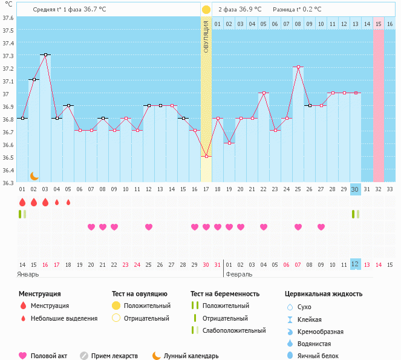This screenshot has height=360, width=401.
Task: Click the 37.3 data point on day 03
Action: tap(45, 54)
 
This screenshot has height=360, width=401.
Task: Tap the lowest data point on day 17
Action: tap(206, 156)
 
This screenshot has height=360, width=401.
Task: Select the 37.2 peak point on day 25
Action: tap(298, 67)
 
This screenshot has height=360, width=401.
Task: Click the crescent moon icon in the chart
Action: tap(34, 176)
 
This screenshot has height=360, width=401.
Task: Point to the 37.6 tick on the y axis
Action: tap(8, 18)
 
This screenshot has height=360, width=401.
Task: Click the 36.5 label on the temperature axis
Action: tap(8, 157)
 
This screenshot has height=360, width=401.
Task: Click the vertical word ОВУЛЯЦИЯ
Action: tap(206, 37)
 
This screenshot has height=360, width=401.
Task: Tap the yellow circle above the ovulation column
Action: tap(206, 10)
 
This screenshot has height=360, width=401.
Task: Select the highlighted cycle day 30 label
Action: tap(356, 189)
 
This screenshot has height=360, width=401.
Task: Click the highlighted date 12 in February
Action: tap(356, 264)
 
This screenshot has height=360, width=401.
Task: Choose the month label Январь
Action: tap(28, 274)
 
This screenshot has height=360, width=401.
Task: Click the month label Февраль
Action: tap(239, 274)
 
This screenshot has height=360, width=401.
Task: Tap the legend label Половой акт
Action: tap(50, 356)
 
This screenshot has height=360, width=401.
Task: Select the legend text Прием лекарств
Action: tap(114, 356)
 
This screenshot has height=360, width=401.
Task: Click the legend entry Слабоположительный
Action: tap(233, 330)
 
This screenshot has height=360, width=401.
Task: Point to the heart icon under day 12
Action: tap(149, 227)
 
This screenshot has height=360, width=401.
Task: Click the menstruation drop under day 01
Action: tap(22, 202)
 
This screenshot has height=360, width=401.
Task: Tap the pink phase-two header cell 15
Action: tap(379, 24)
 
